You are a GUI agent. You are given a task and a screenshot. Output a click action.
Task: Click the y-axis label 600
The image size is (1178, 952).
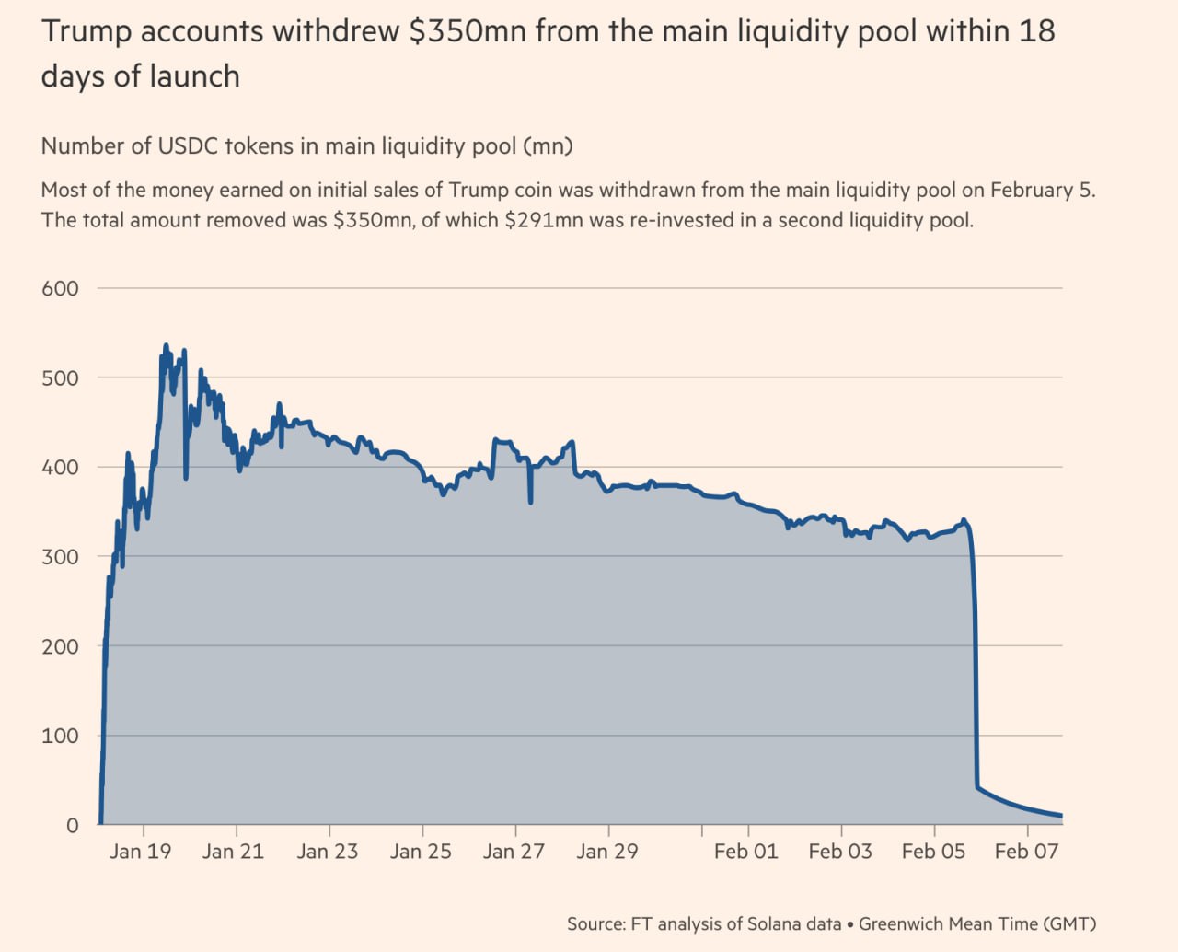point(60,289)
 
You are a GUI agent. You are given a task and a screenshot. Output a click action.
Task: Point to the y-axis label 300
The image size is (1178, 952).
point(60,557)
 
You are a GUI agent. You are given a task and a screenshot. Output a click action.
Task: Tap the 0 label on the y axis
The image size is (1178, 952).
point(73,825)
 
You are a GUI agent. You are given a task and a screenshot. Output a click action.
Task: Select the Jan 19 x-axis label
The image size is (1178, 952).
point(141,852)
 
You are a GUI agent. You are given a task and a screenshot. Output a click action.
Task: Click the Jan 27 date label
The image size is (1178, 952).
point(514,852)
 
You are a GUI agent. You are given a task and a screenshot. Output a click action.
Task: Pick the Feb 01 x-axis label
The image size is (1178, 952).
point(746,852)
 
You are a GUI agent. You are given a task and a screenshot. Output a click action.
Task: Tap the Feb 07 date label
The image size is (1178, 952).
point(1026,852)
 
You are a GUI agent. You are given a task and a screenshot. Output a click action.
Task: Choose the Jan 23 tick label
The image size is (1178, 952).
point(328,852)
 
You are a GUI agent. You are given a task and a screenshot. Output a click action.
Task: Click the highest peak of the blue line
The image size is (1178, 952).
point(166,345)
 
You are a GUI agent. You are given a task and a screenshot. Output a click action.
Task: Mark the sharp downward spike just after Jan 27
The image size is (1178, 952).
point(530,503)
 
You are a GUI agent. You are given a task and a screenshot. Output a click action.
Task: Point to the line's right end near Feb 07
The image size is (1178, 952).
point(1061,816)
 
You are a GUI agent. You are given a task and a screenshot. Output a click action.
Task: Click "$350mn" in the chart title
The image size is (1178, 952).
point(468,31)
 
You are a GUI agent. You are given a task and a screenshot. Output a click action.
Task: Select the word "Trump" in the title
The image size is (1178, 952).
point(87,32)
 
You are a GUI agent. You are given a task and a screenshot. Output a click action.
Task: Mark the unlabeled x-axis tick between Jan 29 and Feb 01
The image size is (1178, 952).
point(702,830)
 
